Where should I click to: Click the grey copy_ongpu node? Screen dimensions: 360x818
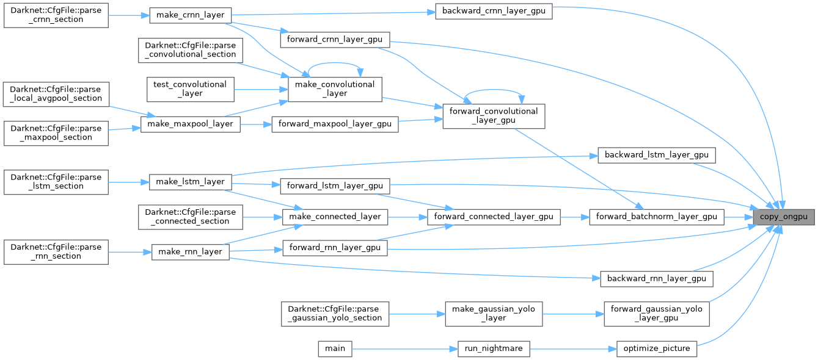(x=784, y=217)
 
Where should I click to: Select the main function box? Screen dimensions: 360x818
(x=335, y=348)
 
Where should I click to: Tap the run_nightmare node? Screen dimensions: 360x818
(x=494, y=348)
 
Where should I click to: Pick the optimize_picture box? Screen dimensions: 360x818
(x=656, y=348)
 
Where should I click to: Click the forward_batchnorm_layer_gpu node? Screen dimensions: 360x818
(x=657, y=217)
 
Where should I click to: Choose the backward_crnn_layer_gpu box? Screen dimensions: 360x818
(x=494, y=10)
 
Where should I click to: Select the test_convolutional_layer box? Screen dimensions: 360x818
(x=191, y=89)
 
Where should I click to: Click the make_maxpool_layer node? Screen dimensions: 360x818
(x=190, y=124)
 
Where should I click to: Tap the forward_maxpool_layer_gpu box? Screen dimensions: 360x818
(x=335, y=124)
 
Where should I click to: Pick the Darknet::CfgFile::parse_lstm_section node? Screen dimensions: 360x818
(x=56, y=182)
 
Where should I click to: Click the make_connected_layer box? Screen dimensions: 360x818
(x=335, y=217)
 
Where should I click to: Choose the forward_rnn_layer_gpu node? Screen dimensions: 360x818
(x=335, y=248)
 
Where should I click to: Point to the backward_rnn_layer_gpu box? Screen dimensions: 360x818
(x=657, y=279)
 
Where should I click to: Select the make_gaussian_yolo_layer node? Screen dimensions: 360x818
(x=494, y=314)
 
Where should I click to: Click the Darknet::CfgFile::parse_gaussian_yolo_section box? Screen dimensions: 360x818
(x=335, y=314)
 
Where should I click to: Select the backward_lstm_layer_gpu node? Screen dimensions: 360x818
(x=657, y=155)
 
